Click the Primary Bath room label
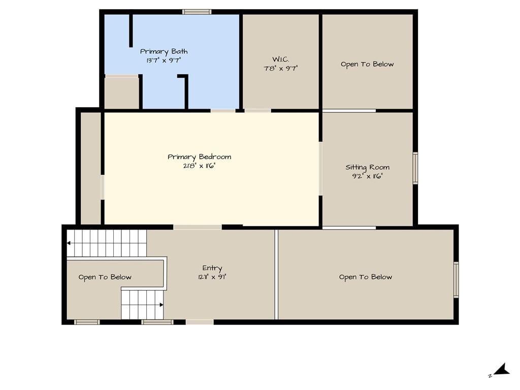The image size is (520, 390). (x=164, y=52)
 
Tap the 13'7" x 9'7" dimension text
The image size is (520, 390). (x=164, y=60)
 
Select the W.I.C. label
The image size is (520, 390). (x=280, y=59)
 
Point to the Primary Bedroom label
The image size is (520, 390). (x=199, y=157)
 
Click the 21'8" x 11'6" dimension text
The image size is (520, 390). (x=199, y=166)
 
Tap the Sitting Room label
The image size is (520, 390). (x=368, y=168)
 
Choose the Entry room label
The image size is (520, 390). (x=212, y=268)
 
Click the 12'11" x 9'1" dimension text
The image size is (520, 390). (x=212, y=277)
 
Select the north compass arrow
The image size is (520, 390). (x=501, y=370)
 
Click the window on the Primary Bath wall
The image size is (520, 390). (x=197, y=12)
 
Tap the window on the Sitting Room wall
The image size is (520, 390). (x=415, y=168)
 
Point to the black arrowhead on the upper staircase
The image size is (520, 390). (x=69, y=243)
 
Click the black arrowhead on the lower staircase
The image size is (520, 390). (x=161, y=305)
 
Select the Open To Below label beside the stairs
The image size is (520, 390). (x=105, y=277)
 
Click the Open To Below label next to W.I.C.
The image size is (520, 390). (x=367, y=64)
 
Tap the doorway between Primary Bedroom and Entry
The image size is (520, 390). (x=198, y=227)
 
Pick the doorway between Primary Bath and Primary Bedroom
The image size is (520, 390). (x=223, y=110)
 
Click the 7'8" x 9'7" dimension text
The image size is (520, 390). (x=280, y=69)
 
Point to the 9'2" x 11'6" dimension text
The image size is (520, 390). (x=368, y=176)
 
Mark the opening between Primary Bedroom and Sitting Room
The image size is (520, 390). (x=320, y=169)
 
